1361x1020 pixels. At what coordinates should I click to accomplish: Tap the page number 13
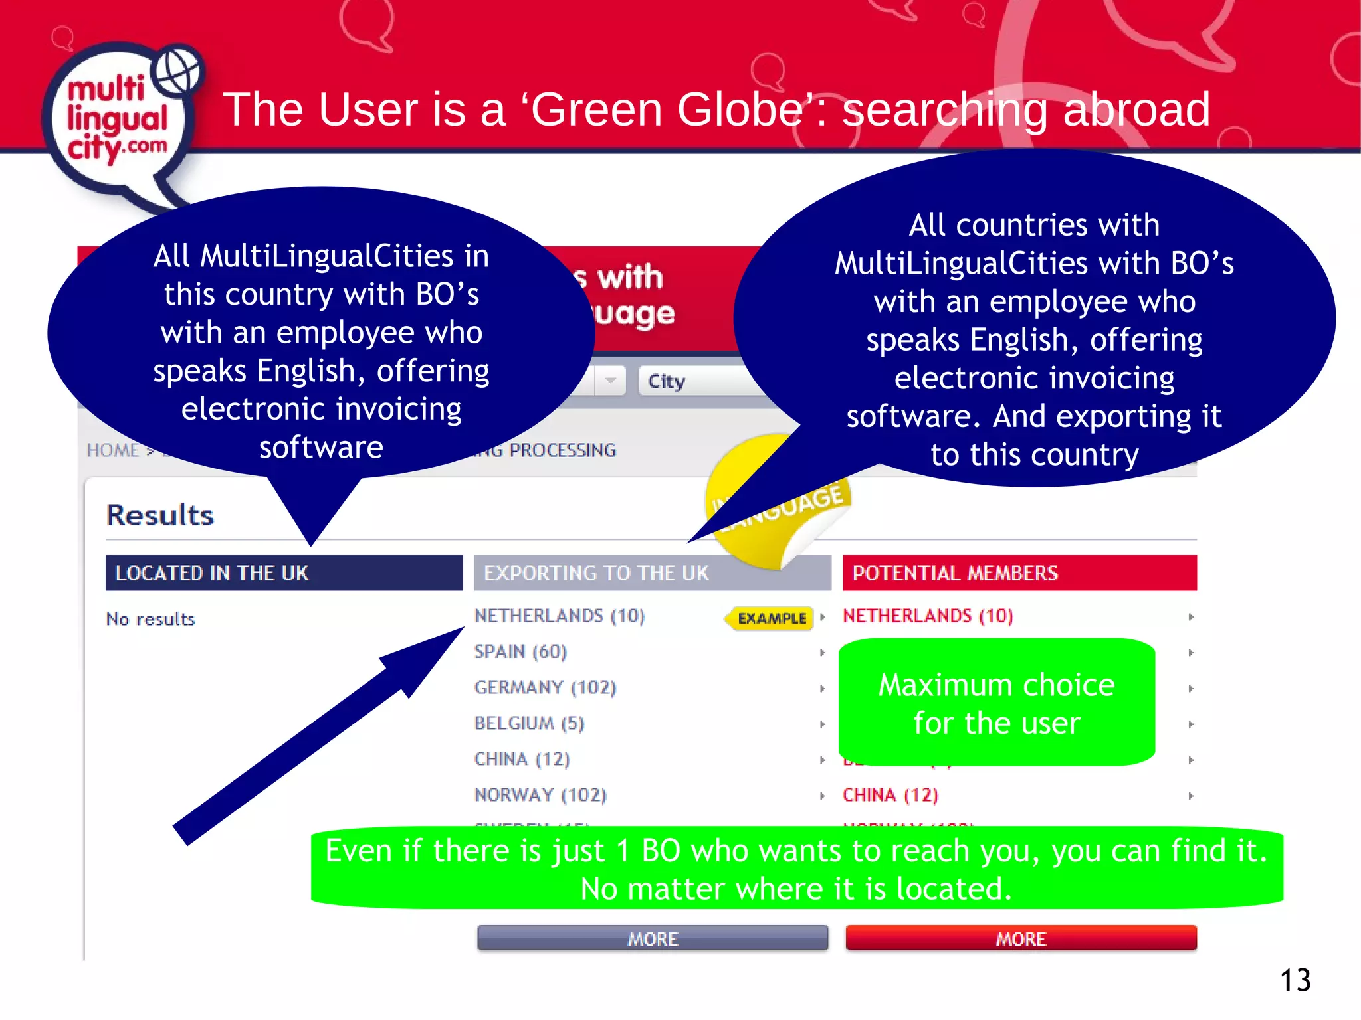[1295, 980]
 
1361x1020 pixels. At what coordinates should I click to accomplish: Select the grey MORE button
[653, 938]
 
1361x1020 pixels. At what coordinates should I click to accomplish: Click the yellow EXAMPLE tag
[771, 618]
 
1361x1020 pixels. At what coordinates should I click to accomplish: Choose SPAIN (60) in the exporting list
[520, 651]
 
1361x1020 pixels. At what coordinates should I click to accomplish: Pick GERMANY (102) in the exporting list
[545, 687]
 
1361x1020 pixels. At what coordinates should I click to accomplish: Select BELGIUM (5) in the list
[529, 723]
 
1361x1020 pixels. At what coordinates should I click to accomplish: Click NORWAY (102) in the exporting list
[540, 795]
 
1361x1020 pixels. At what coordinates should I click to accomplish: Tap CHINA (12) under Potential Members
[890, 795]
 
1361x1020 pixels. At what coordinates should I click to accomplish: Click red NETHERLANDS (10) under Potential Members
[928, 616]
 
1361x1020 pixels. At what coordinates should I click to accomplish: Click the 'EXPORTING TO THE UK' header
[596, 573]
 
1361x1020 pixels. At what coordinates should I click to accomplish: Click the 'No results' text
[150, 619]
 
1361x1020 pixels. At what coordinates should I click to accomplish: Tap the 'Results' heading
[160, 515]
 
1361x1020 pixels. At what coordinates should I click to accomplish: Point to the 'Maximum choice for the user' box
[996, 703]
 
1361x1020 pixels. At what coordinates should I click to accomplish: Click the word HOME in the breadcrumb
[112, 450]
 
